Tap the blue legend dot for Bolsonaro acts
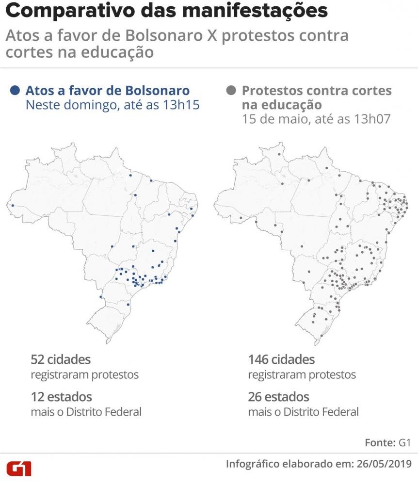tap(16, 90)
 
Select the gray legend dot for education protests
tap(231, 90)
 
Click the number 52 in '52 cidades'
tap(38, 360)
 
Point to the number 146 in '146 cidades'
tap(258, 360)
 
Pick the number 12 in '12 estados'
tap(37, 397)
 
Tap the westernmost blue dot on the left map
tap(13, 206)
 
